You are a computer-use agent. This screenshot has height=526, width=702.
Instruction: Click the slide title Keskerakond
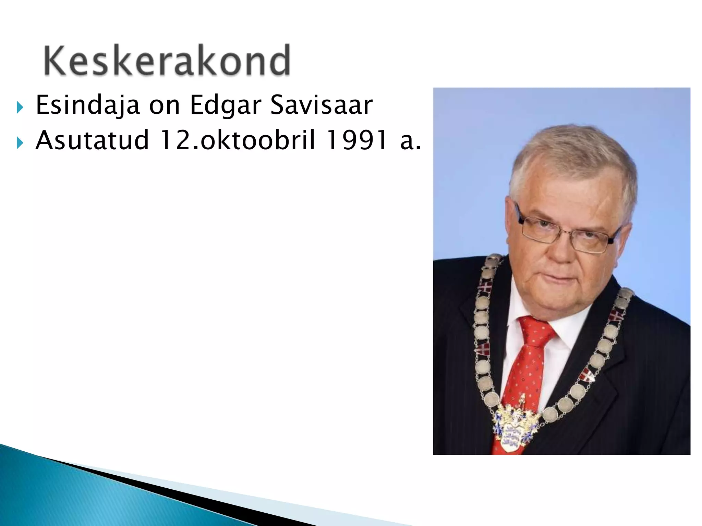tap(167, 60)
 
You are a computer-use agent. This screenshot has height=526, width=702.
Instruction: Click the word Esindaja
tap(87, 105)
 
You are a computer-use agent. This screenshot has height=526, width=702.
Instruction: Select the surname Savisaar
tap(321, 105)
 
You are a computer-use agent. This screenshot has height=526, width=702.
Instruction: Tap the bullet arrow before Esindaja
tap(20, 108)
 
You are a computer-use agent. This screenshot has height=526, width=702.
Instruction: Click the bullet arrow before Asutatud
tap(20, 143)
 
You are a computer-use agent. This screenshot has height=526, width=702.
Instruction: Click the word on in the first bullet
tap(164, 105)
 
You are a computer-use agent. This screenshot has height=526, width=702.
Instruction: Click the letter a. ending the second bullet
tap(410, 140)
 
